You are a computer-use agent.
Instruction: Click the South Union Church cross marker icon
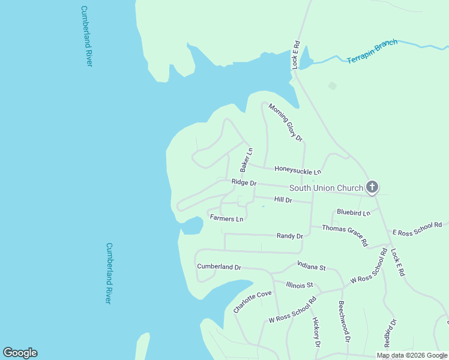point(372,188)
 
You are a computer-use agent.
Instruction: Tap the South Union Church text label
point(326,188)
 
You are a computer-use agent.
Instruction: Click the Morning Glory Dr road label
point(286,122)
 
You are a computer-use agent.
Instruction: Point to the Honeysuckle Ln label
point(298,171)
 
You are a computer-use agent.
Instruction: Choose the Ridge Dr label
point(244,182)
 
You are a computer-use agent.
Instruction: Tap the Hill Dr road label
point(283,200)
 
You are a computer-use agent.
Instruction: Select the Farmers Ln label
point(226,218)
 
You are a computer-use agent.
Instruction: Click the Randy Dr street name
point(289,236)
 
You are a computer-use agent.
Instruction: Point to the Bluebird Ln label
point(354,212)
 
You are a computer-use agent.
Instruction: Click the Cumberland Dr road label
point(219,266)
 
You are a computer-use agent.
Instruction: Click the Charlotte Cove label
point(252,302)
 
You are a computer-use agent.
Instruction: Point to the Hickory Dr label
point(316,332)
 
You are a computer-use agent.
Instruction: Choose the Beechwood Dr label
point(344,321)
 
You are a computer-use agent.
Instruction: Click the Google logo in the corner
point(20,352)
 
